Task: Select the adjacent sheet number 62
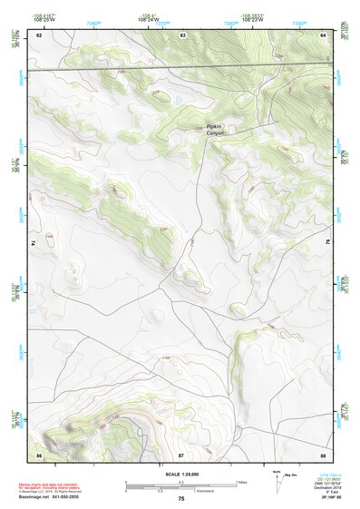point(39,34)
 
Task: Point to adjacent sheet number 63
point(182,34)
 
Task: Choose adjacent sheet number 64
point(323,34)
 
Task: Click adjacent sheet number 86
point(39,452)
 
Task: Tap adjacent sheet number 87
point(181,452)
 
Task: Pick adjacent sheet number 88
point(323,452)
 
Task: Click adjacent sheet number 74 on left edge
point(34,243)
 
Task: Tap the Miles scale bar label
point(241,481)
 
